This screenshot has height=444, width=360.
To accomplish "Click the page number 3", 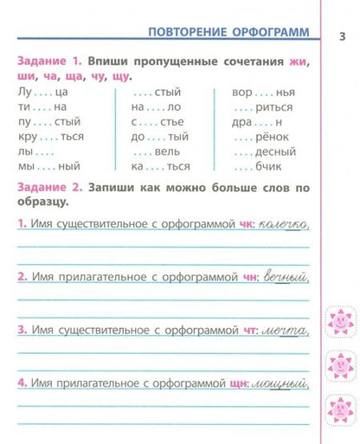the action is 342,35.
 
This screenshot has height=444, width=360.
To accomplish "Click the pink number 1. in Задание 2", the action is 22,226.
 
